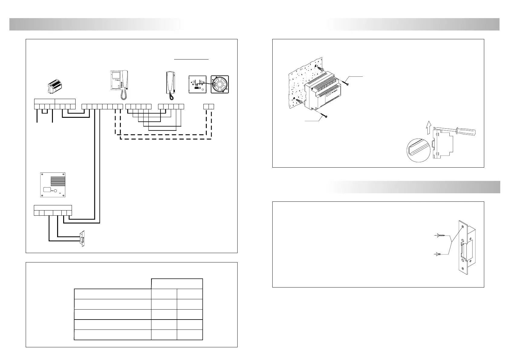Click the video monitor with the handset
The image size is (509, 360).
(x=119, y=81)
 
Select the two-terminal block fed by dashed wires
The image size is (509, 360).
(x=209, y=106)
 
